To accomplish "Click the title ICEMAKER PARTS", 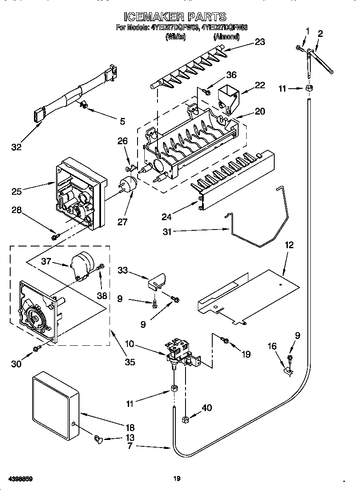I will click(x=175, y=17).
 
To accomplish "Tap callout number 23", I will click(x=259, y=42).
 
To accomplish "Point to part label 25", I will click(x=17, y=191).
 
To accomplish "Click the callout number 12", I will click(x=289, y=245).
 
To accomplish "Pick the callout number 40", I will click(x=207, y=408).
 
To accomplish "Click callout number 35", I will click(x=130, y=362).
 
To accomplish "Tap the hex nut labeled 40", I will click(x=186, y=420).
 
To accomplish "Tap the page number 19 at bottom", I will click(x=177, y=479).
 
